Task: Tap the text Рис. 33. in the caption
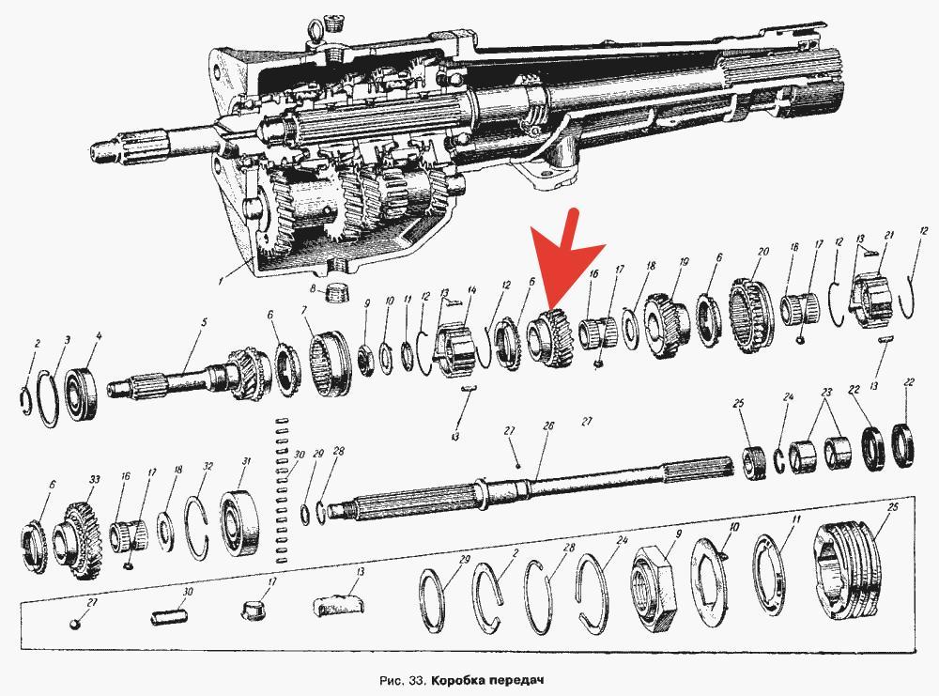403,680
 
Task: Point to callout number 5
204,322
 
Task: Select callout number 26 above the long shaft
548,425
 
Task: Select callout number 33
94,479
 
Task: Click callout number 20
762,252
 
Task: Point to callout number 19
684,262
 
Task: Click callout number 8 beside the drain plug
313,288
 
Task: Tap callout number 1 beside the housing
221,280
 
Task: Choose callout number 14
472,290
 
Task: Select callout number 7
304,310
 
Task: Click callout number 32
208,466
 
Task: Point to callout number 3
67,340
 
